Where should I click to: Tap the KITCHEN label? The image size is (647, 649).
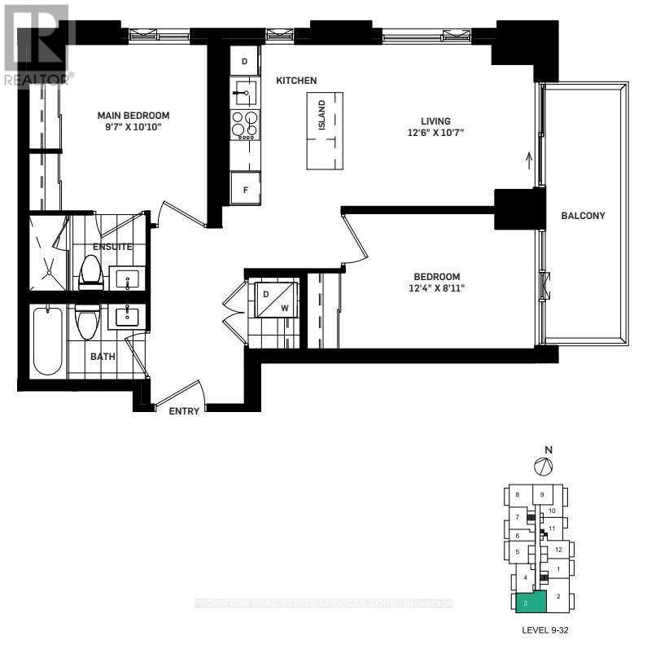pyautogui.click(x=296, y=81)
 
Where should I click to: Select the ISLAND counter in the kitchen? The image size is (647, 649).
pyautogui.click(x=324, y=130)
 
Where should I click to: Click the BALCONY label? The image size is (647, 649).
pyautogui.click(x=583, y=216)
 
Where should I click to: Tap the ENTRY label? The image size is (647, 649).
pyautogui.click(x=184, y=411)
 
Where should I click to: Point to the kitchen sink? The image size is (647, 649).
pyautogui.click(x=244, y=92)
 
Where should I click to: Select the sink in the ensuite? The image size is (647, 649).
pyautogui.click(x=128, y=279)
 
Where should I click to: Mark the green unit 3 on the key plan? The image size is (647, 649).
pyautogui.click(x=528, y=603)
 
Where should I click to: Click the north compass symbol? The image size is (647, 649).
pyautogui.click(x=543, y=466)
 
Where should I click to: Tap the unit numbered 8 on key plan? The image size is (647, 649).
pyautogui.click(x=517, y=495)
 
